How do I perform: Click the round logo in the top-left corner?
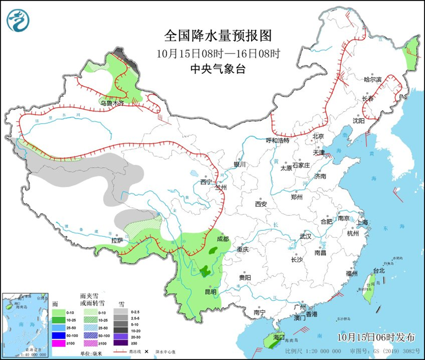click(x=18, y=19)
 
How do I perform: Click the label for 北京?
click(x=318, y=136)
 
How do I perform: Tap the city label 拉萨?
click(x=117, y=240)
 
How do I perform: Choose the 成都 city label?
click(x=222, y=239)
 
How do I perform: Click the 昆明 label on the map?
click(x=210, y=292)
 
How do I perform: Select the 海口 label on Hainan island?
click(x=278, y=337)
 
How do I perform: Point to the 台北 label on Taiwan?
click(x=378, y=270)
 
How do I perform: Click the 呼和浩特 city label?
click(x=278, y=140)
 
